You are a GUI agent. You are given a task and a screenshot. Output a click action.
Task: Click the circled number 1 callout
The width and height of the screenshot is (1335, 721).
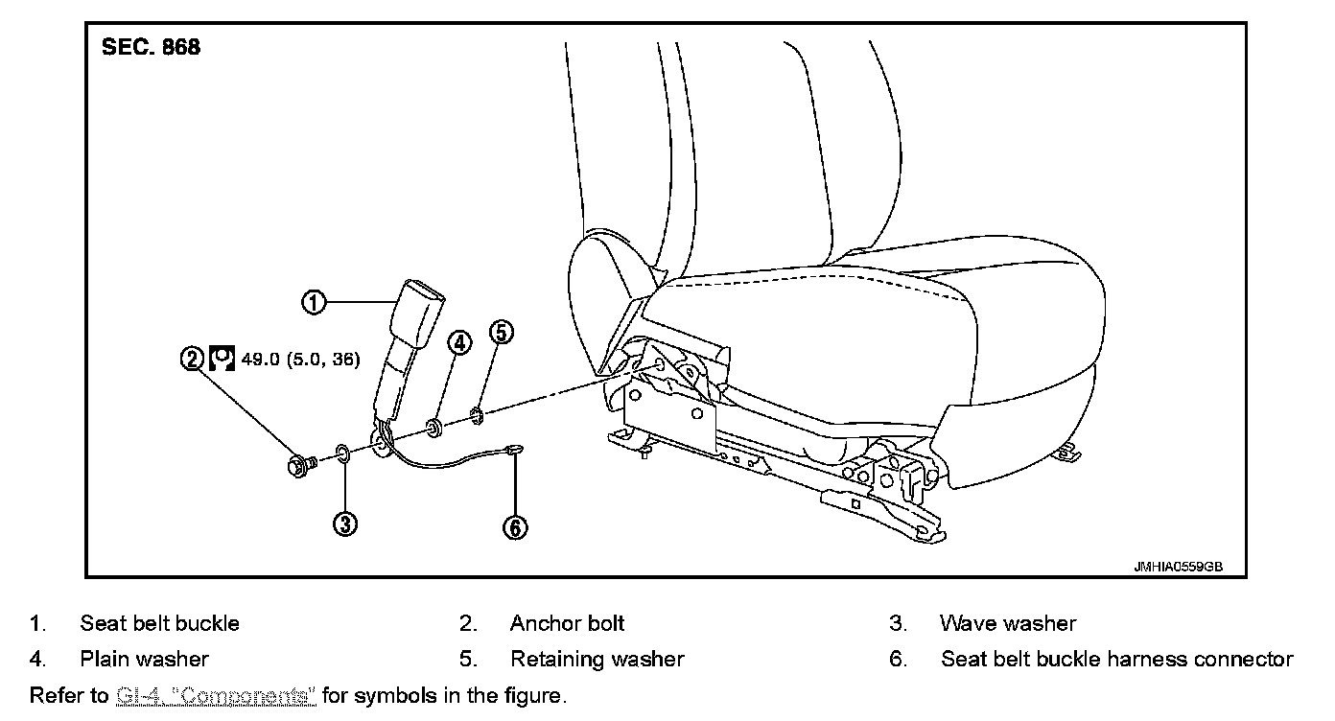314,302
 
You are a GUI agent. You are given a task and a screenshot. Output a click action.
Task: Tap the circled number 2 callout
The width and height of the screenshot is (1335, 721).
193,359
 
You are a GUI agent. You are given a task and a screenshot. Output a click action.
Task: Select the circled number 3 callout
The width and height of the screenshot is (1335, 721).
345,523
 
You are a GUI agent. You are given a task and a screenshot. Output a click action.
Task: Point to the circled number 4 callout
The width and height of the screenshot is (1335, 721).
459,342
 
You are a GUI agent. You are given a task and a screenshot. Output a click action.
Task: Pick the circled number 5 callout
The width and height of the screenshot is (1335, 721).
501,333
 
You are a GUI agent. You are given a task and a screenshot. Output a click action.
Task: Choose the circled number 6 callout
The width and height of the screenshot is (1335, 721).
515,527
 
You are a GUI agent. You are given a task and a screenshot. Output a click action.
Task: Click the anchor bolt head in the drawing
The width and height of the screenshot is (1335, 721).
298,467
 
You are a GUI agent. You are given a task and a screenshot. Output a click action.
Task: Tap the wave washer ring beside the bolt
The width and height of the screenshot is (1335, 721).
342,453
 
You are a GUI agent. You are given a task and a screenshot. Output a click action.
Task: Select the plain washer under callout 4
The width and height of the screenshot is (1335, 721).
433,426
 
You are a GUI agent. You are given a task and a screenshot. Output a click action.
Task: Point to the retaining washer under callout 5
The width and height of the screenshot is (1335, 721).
476,415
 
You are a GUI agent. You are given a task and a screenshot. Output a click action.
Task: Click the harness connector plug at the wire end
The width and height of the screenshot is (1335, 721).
514,448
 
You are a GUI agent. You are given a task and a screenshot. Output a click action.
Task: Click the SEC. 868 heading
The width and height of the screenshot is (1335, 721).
151,47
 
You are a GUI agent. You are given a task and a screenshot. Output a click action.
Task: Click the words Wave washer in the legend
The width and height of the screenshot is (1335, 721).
1008,623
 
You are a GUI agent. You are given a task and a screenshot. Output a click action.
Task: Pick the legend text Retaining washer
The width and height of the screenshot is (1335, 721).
597,659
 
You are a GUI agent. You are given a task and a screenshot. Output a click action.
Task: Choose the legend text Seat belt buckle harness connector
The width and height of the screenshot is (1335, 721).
1116,659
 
